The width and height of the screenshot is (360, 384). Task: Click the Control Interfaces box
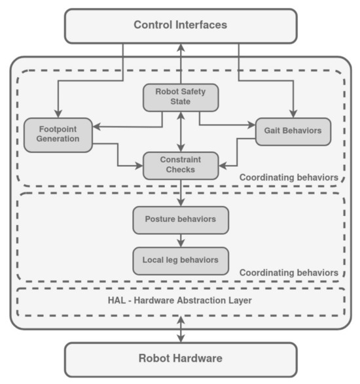point(180,26)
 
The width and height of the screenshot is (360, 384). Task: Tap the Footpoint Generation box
point(58,133)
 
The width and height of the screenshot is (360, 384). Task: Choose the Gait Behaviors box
point(293,131)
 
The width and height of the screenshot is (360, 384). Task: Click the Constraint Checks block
point(180,164)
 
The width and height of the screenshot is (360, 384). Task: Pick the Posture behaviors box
point(180,219)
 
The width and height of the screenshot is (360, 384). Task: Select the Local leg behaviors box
point(180,260)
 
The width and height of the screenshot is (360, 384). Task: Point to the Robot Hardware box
point(180,358)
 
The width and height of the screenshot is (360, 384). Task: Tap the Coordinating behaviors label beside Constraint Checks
point(288,177)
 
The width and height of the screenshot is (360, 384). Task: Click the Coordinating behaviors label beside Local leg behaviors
point(288,272)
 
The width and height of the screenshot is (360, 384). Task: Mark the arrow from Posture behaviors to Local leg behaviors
point(181,239)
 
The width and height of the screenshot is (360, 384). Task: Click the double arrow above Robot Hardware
point(181,330)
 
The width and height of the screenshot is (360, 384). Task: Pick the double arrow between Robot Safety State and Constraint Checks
point(181,131)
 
